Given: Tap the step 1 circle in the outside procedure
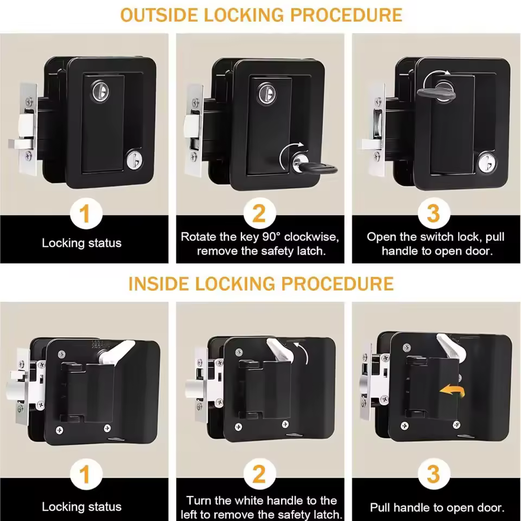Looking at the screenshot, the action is (x=84, y=214).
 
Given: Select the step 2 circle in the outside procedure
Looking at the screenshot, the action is (x=259, y=214).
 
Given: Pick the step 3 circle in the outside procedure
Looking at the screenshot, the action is (x=433, y=214).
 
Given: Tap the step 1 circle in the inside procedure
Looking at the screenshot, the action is (x=84, y=475).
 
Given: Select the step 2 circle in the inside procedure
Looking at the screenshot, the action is (x=259, y=475).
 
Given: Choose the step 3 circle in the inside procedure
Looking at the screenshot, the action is (x=433, y=475).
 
